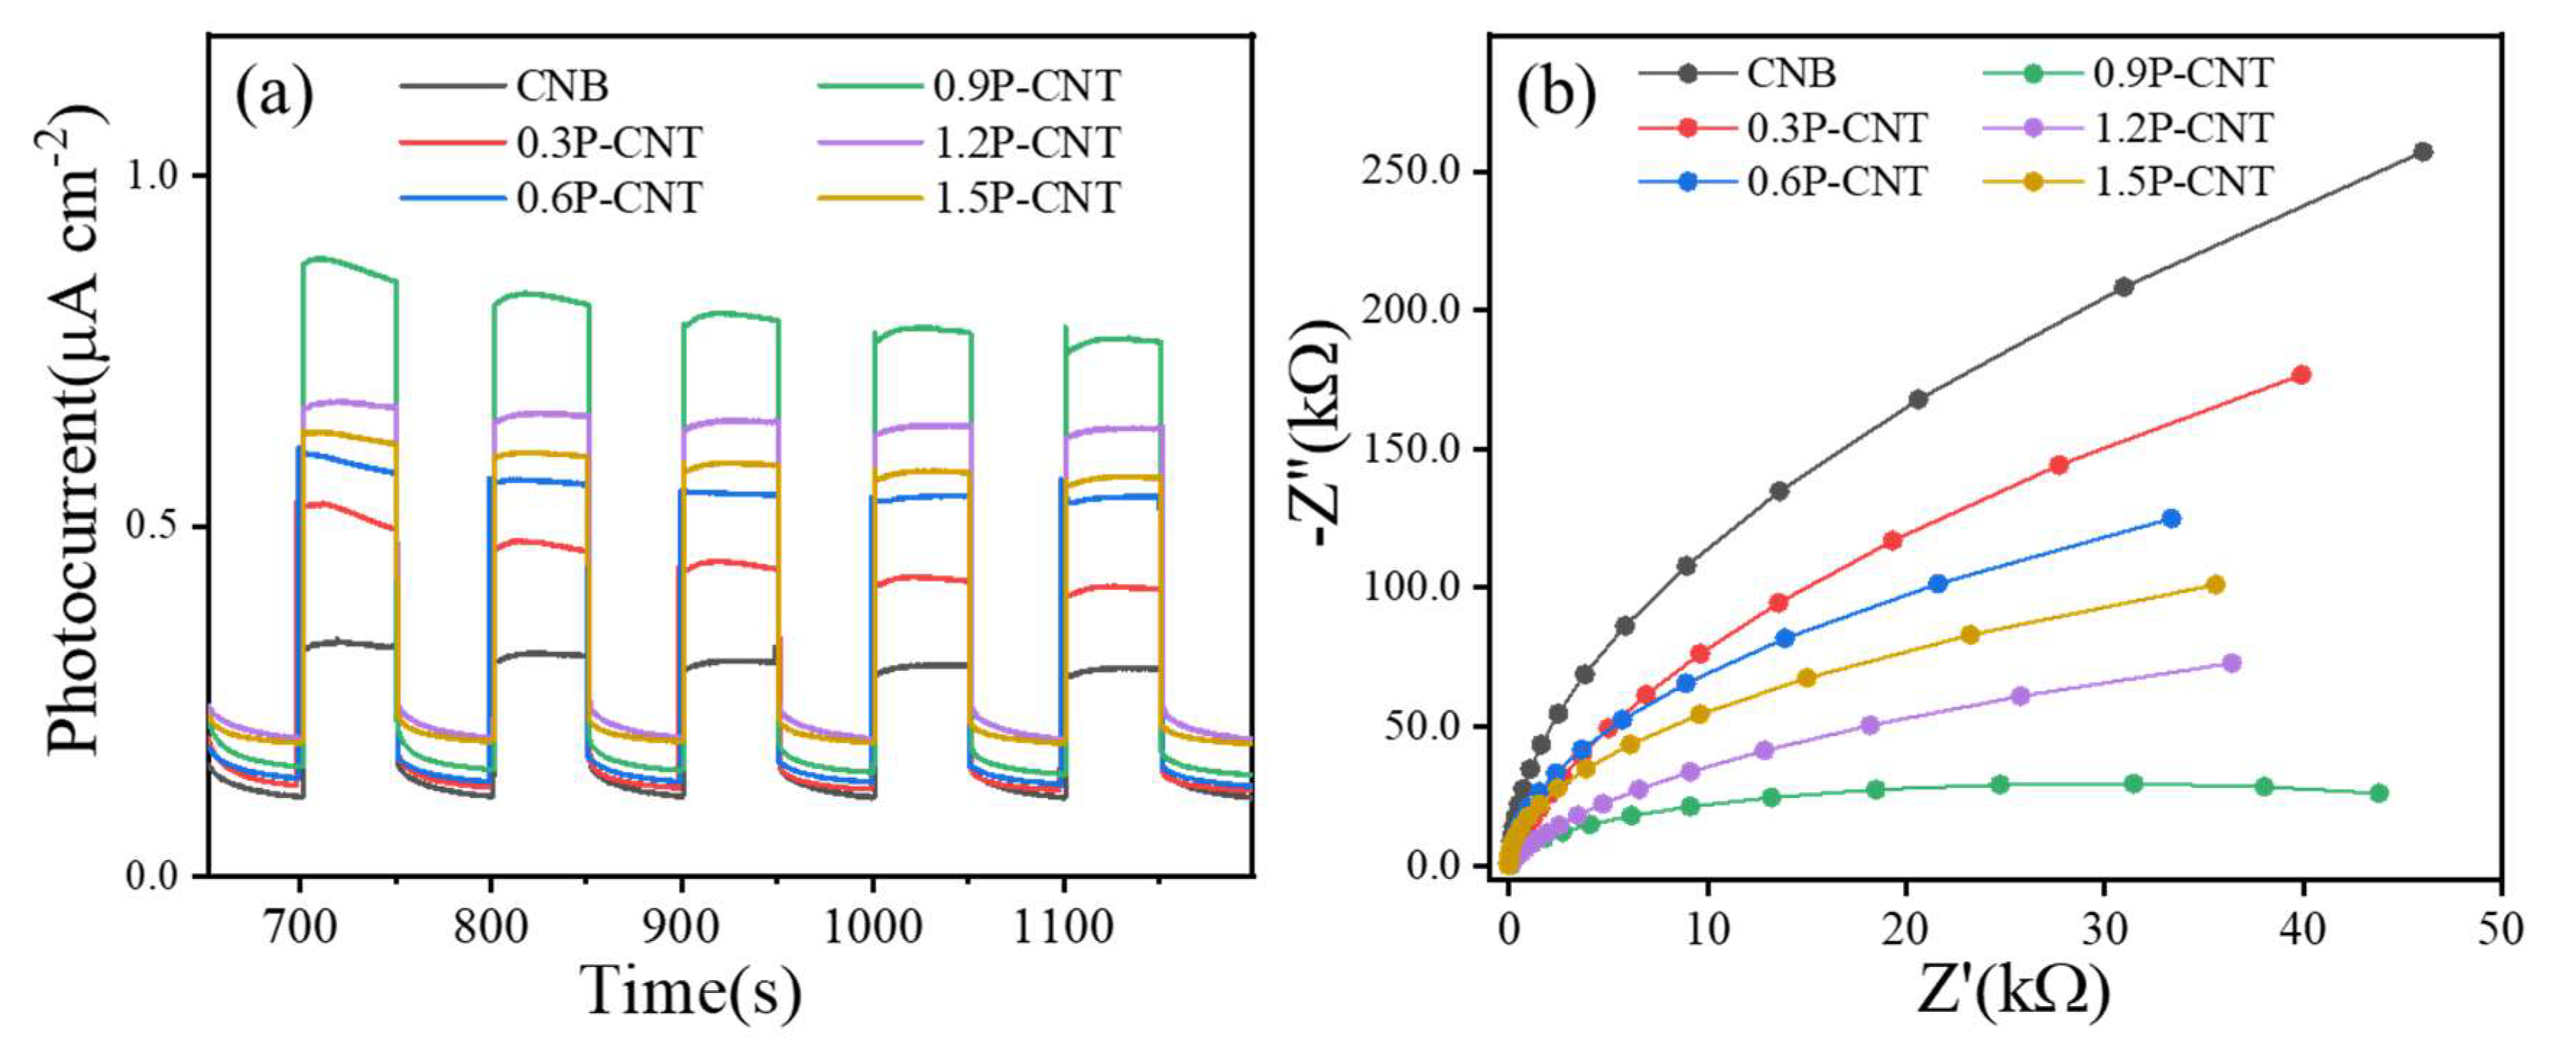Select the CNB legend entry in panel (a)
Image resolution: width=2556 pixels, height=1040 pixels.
pos(561,87)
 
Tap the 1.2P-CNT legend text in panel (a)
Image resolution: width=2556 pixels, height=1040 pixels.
pos(1027,143)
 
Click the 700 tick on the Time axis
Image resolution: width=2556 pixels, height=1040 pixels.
pos(300,929)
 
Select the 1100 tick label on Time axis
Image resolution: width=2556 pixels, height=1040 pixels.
pos(1063,929)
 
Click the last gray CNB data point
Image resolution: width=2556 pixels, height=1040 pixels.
pos(2422,152)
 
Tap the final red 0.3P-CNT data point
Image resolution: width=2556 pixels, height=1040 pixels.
pos(2301,375)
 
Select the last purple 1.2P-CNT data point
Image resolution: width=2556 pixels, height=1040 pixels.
pos(2231,663)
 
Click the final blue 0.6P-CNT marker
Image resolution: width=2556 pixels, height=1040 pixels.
pos(2171,518)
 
